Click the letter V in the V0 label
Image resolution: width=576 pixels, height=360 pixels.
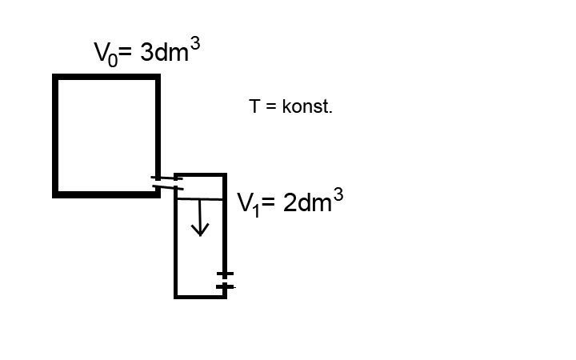point(101,52)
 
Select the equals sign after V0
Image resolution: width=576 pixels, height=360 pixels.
point(126,52)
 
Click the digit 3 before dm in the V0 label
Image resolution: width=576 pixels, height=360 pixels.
point(146,52)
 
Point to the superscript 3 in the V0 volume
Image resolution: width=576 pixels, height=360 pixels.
point(195,45)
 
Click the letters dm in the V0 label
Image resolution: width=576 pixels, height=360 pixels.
point(171,52)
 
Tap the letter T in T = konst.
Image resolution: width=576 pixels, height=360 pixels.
point(254,106)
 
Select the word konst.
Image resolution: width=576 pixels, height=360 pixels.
point(307,106)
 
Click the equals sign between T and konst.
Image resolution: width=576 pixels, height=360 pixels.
point(270,106)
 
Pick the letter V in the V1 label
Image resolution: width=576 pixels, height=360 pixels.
point(244,202)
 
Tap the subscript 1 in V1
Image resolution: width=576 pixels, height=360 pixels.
point(256,210)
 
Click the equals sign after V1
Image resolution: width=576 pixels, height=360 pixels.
point(268,202)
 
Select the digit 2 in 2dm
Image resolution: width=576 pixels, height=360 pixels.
point(290,202)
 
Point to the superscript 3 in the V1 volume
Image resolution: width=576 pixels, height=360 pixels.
point(338,194)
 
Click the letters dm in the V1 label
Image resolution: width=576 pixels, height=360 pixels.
point(314,202)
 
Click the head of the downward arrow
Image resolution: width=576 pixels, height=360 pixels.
point(200,230)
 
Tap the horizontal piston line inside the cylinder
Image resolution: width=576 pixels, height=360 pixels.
point(200,199)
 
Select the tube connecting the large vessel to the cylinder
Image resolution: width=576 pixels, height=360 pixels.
point(167,183)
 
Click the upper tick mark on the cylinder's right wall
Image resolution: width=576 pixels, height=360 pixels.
point(225,274)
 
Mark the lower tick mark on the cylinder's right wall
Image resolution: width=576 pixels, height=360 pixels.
point(225,286)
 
